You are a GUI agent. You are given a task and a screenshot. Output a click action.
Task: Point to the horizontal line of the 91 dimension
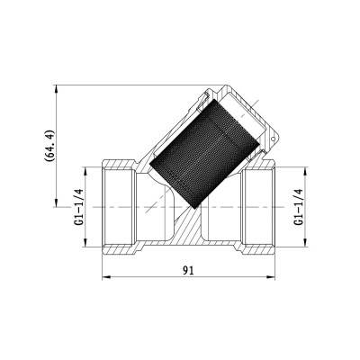pos(144,277)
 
